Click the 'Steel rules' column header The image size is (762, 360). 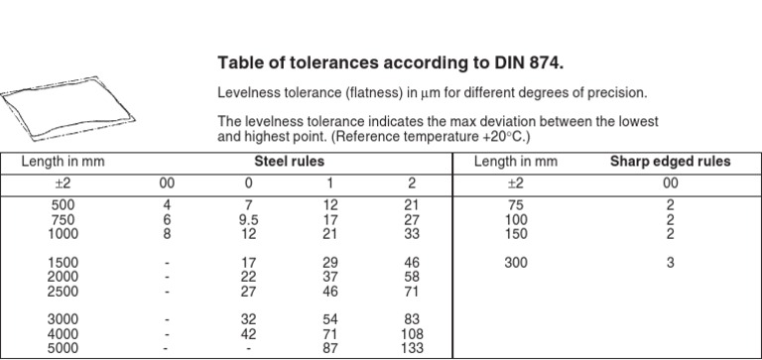coord(289,161)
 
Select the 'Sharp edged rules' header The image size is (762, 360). coord(670,161)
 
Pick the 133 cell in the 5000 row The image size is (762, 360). coord(408,350)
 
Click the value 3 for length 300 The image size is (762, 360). coord(670,264)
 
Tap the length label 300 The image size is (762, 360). coord(515,264)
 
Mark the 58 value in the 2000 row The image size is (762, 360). coord(408,279)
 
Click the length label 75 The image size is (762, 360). coord(515,205)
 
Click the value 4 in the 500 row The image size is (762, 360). coord(167,205)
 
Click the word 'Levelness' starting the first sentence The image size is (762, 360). coord(250,94)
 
